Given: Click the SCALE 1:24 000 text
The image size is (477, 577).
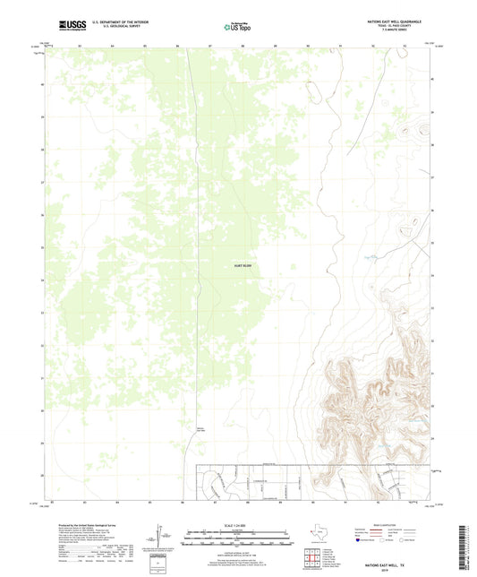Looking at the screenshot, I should click(x=239, y=524).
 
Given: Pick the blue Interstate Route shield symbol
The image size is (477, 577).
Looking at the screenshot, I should click(x=360, y=541).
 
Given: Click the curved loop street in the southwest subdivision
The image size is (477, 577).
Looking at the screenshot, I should click(x=214, y=485).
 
